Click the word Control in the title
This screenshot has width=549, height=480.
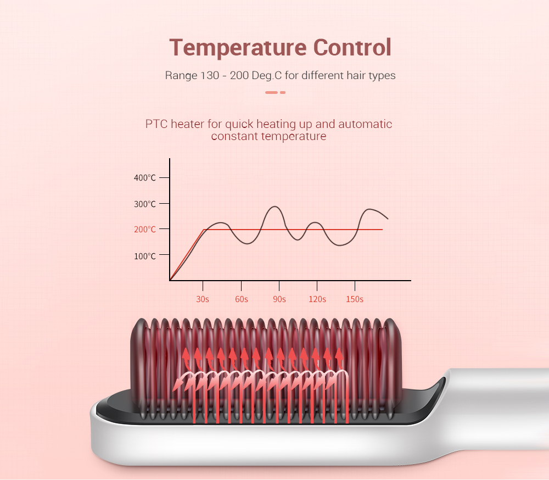coord(352,47)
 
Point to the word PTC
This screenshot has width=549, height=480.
coord(156,124)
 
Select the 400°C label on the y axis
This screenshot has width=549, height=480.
coord(144,177)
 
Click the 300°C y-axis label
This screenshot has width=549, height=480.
coord(144,204)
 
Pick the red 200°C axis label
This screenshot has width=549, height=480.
coord(144,230)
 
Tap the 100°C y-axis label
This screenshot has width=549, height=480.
coord(144,256)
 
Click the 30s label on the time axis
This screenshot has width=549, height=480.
coord(203,299)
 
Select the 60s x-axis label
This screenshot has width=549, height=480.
coord(241,299)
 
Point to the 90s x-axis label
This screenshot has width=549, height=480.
coord(279,299)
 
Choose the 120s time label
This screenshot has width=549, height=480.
coord(317,299)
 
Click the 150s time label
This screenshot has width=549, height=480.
coord(355,299)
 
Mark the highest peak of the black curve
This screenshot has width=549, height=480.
coord(275,206)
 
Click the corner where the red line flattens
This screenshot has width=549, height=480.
coord(204,230)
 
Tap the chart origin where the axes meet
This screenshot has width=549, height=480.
coord(170,281)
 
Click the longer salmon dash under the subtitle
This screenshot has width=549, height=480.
coord(271,92)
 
